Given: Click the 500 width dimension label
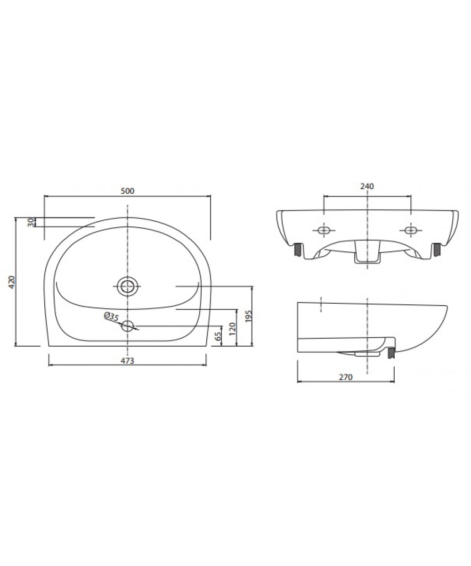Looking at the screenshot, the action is (x=127, y=191).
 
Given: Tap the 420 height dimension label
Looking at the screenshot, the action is (x=12, y=282).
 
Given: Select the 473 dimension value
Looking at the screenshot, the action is (x=127, y=360).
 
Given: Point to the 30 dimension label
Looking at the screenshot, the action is (x=31, y=222).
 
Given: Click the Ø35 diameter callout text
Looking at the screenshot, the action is (x=112, y=316).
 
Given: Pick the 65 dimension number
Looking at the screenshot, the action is (x=218, y=336).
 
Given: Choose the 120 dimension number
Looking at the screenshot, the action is (x=233, y=329).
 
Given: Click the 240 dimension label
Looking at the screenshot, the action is (x=367, y=186).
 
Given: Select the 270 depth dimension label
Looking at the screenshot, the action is (x=346, y=377).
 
